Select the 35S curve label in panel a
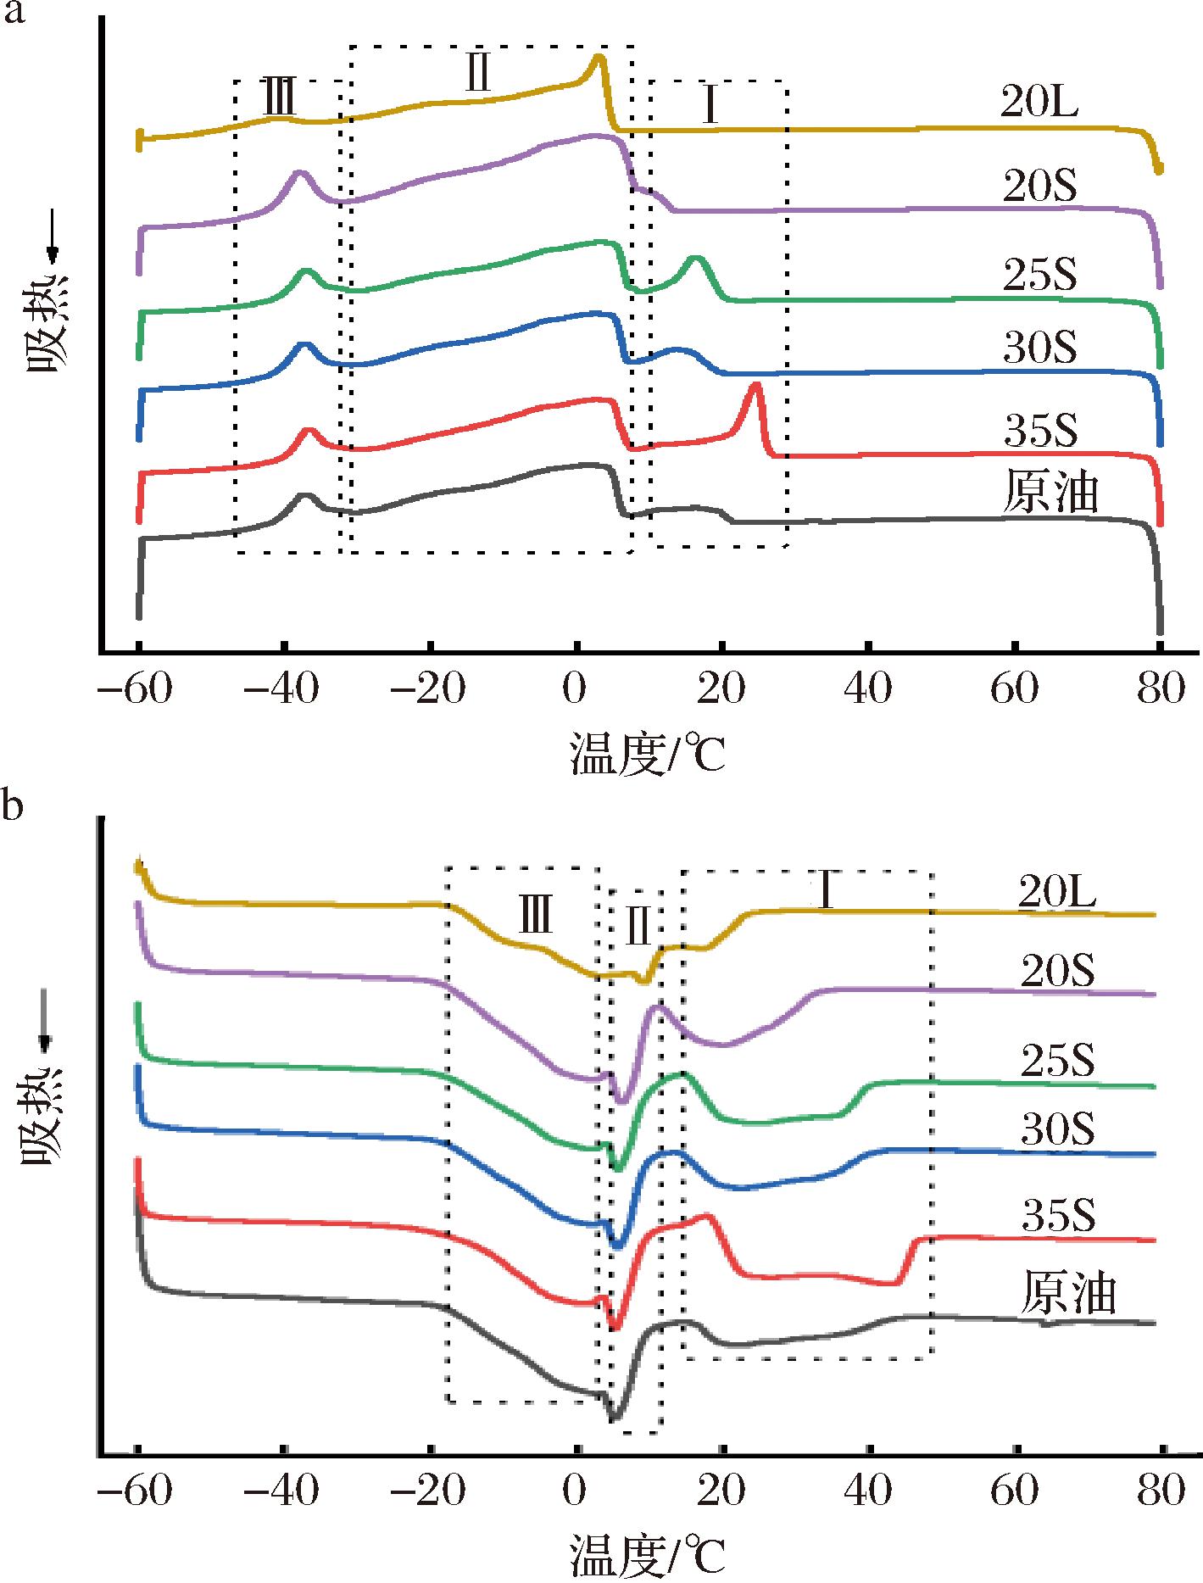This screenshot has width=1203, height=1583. pos(1040,431)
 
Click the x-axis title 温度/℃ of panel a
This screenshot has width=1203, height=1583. pos(648,755)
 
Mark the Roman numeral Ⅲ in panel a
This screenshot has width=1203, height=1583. pos(279,100)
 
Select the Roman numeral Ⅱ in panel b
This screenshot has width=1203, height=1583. pos(637,929)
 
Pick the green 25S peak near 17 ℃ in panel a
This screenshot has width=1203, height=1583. pos(696,257)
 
